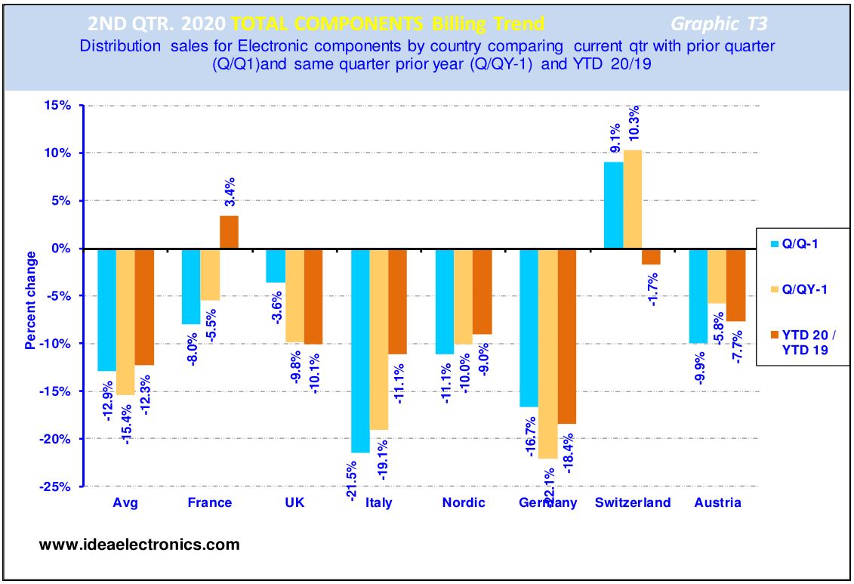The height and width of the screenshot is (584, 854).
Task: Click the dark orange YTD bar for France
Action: tap(229, 232)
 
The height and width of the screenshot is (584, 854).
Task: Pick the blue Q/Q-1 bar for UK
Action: tap(276, 265)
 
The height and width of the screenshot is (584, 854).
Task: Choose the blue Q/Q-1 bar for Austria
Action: tap(698, 295)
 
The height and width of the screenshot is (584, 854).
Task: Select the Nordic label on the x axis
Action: tap(464, 502)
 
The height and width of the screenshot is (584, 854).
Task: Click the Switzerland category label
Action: tap(633, 502)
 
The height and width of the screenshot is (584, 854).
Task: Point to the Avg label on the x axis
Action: tap(125, 502)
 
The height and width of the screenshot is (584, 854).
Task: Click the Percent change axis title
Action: tap(31, 301)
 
